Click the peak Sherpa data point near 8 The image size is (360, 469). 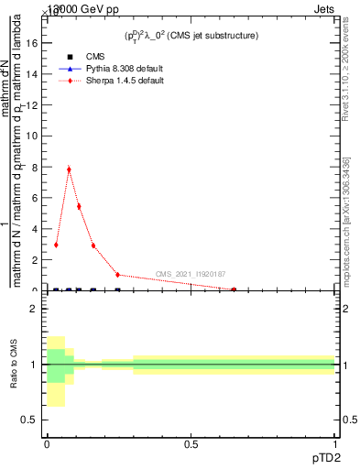[x=69, y=169]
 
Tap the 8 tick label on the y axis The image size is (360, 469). [x=34, y=168]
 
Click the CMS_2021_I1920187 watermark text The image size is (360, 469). [x=191, y=274]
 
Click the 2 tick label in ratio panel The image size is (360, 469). [x=34, y=309]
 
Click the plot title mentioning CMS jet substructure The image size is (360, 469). [x=191, y=36]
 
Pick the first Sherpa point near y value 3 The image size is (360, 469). [x=56, y=245]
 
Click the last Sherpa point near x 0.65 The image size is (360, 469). [x=234, y=289]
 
